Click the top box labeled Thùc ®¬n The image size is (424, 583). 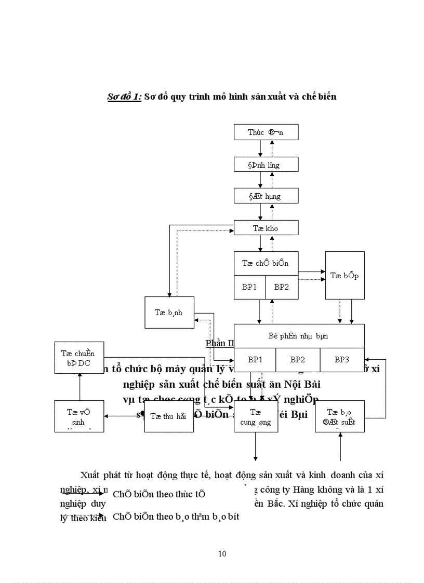266,132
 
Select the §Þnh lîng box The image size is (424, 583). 266,165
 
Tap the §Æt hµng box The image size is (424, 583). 266,196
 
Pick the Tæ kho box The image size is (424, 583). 266,227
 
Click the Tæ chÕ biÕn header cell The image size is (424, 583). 266,263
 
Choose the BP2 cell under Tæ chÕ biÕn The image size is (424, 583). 282,287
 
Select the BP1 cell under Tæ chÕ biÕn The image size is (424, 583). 249,287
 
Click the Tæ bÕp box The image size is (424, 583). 344,275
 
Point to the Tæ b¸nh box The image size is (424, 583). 169,312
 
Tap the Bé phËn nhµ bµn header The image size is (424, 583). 299,336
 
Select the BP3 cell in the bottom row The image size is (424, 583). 341,360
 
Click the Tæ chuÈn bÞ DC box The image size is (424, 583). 79,358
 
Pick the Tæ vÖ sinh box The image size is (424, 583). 79,416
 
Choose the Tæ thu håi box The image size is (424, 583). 168,416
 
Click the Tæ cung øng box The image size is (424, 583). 255,416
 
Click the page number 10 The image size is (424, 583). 222,553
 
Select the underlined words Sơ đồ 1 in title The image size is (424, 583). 124,97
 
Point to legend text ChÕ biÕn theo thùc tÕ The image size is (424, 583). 159,494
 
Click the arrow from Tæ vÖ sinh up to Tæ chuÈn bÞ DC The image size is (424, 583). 79,387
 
